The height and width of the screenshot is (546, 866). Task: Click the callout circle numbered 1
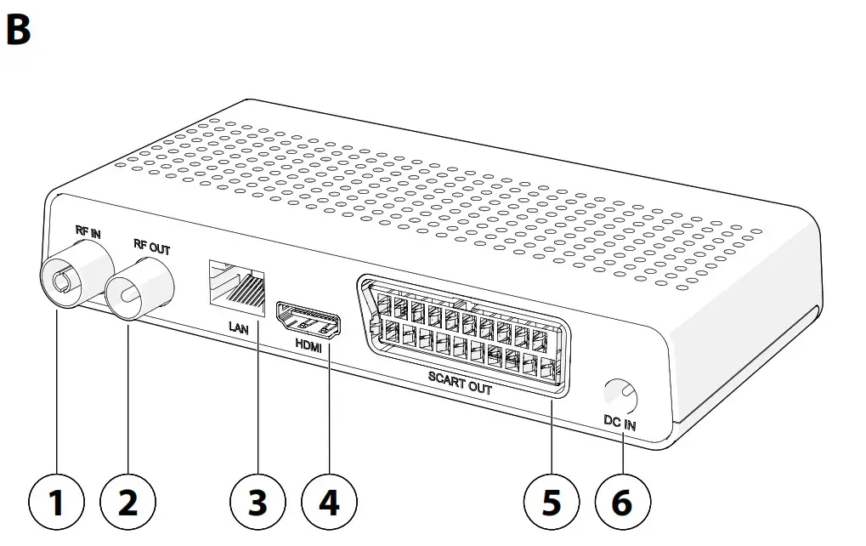56,503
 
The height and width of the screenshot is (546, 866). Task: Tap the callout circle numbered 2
127,503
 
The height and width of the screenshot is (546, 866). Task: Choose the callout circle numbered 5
552,503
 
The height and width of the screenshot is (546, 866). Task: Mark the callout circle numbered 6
623,503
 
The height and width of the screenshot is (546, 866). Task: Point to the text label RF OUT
151,249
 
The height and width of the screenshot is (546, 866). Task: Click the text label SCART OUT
461,384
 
